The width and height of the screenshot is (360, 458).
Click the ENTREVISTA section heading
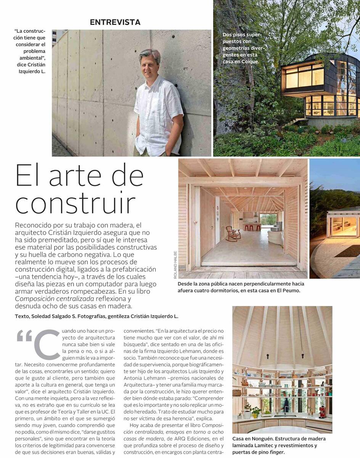click(115, 22)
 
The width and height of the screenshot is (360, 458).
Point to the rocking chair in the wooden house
click(233, 233)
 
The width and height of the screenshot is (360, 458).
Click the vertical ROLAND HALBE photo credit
click(175, 264)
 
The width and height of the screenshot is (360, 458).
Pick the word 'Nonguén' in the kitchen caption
click(262, 439)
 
